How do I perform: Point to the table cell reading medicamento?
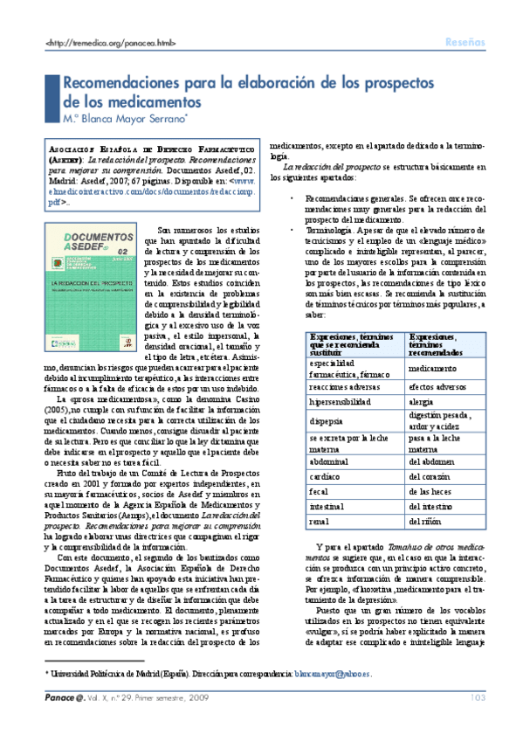point(437,369)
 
